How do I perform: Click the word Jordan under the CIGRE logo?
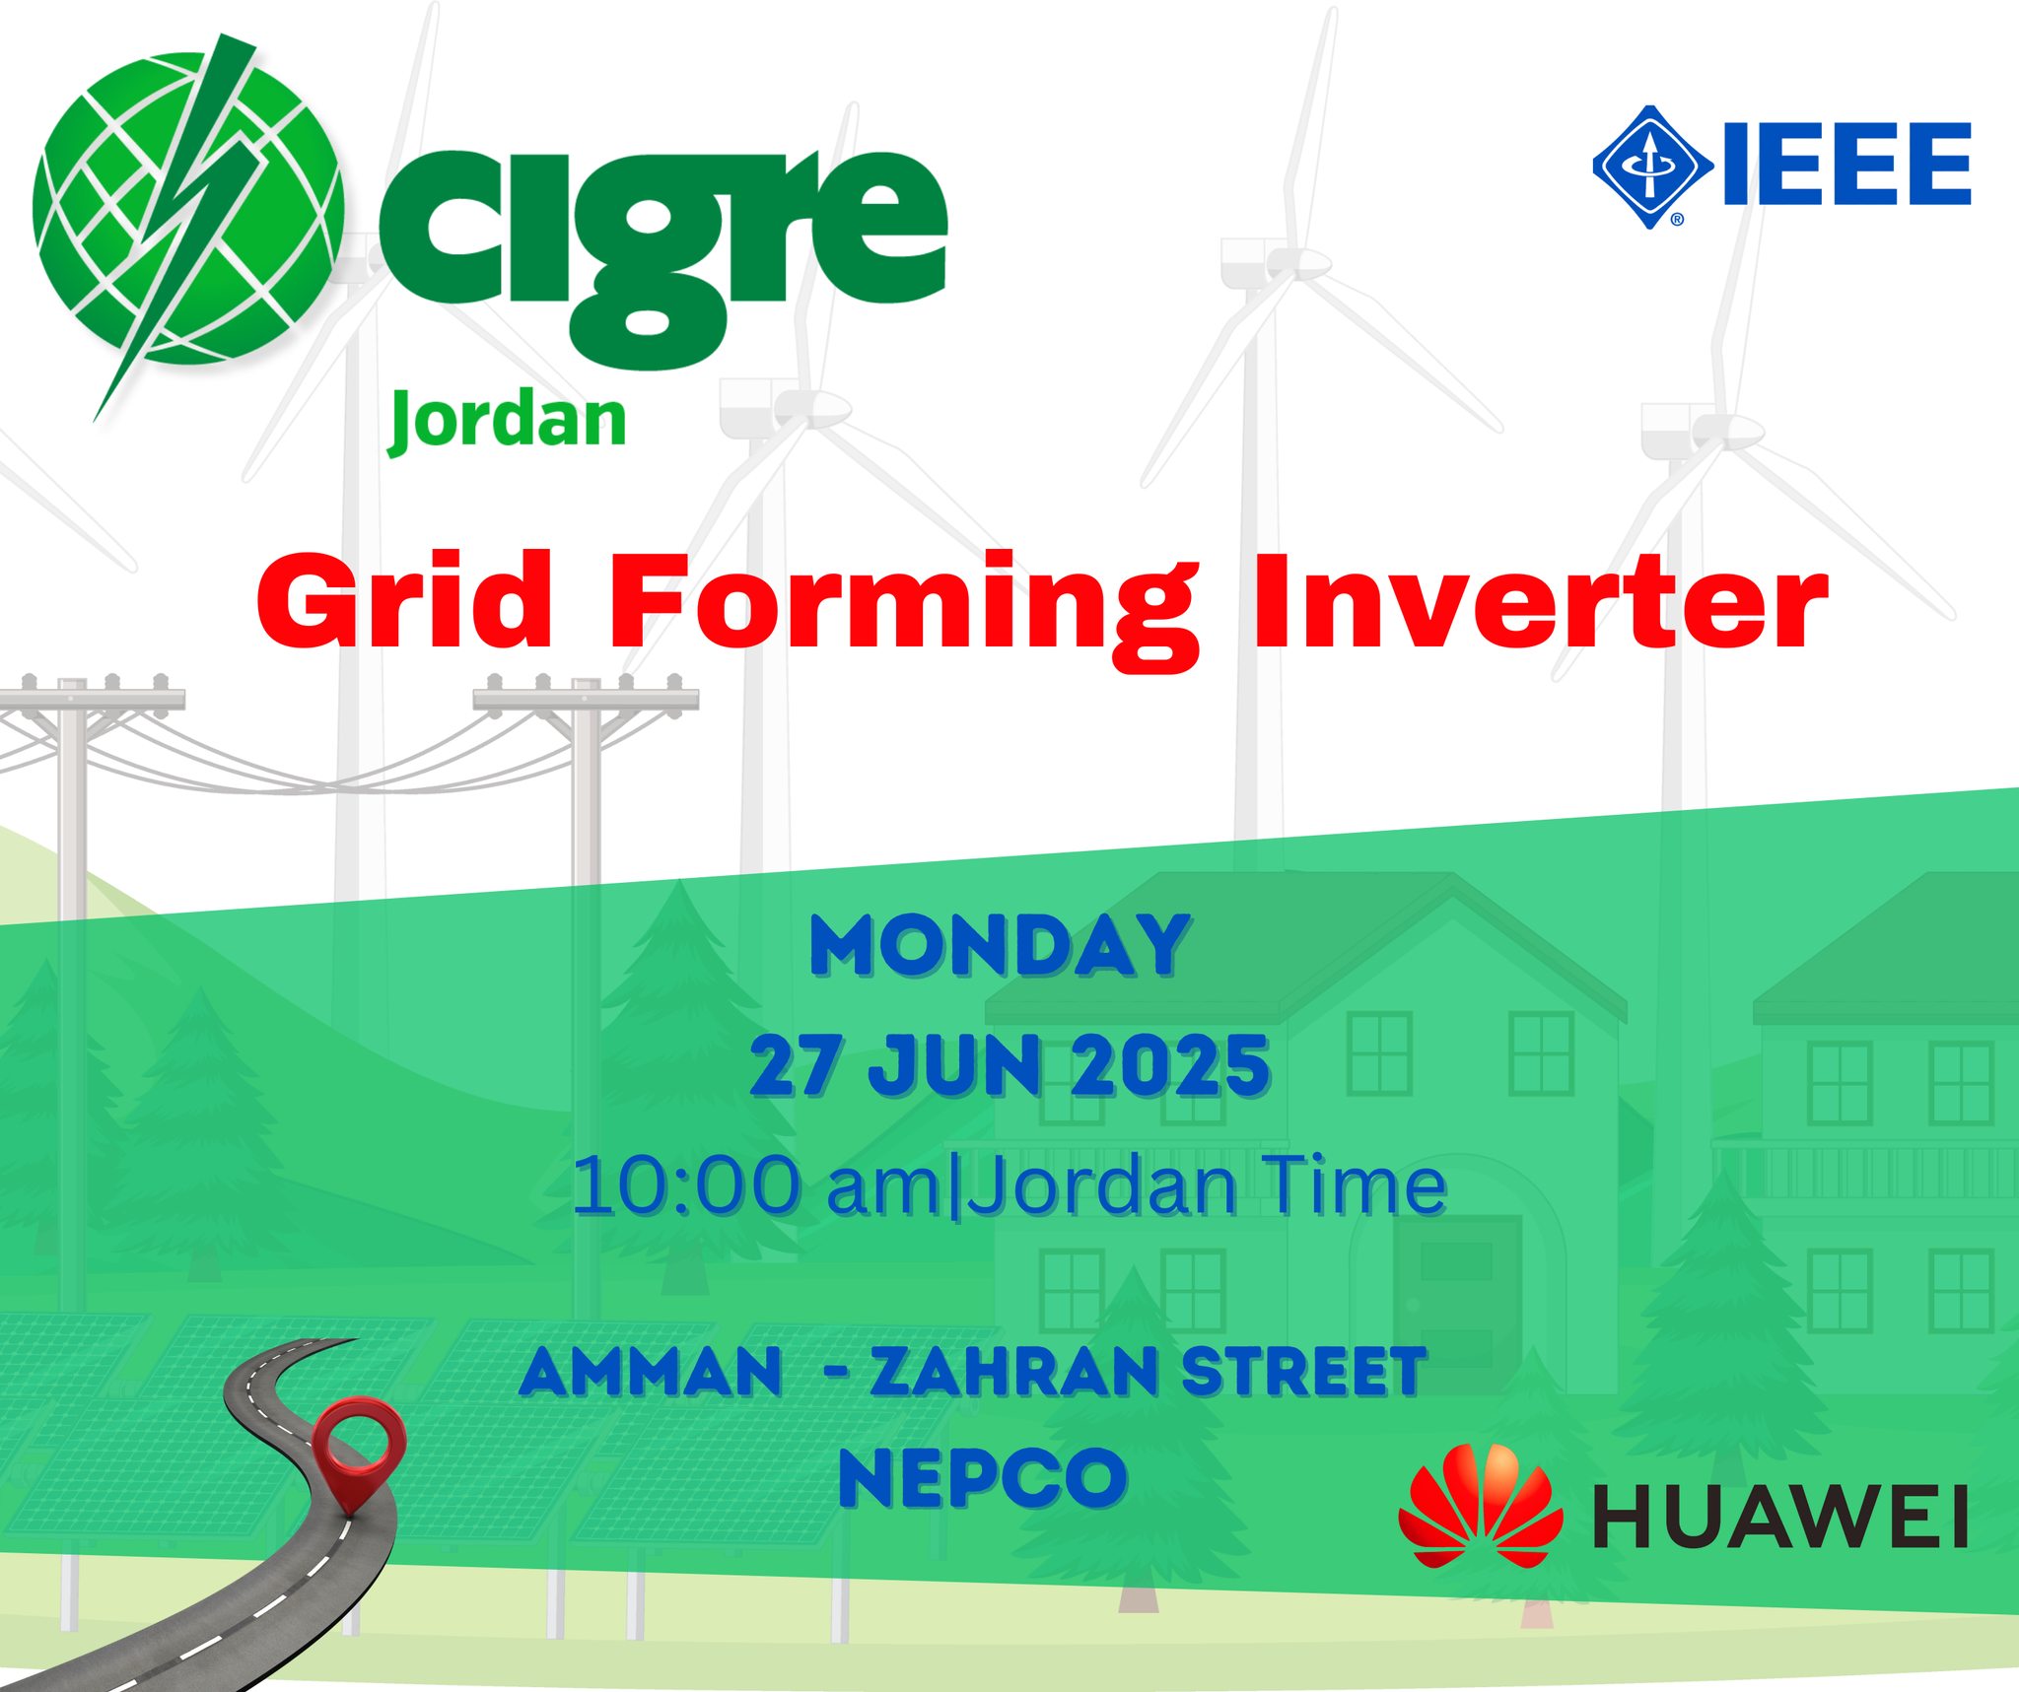click(508, 422)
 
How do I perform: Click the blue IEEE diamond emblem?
click(1652, 168)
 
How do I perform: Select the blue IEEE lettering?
click(1846, 165)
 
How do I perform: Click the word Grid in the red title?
click(404, 600)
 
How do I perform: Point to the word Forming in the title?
click(904, 611)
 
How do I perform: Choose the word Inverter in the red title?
click(1540, 600)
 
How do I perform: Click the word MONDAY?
click(1000, 946)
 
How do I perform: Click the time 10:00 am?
click(757, 1185)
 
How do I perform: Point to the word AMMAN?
click(651, 1373)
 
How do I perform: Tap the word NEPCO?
click(983, 1478)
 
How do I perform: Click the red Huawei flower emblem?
click(1480, 1507)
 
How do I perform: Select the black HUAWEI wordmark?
click(1780, 1517)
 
